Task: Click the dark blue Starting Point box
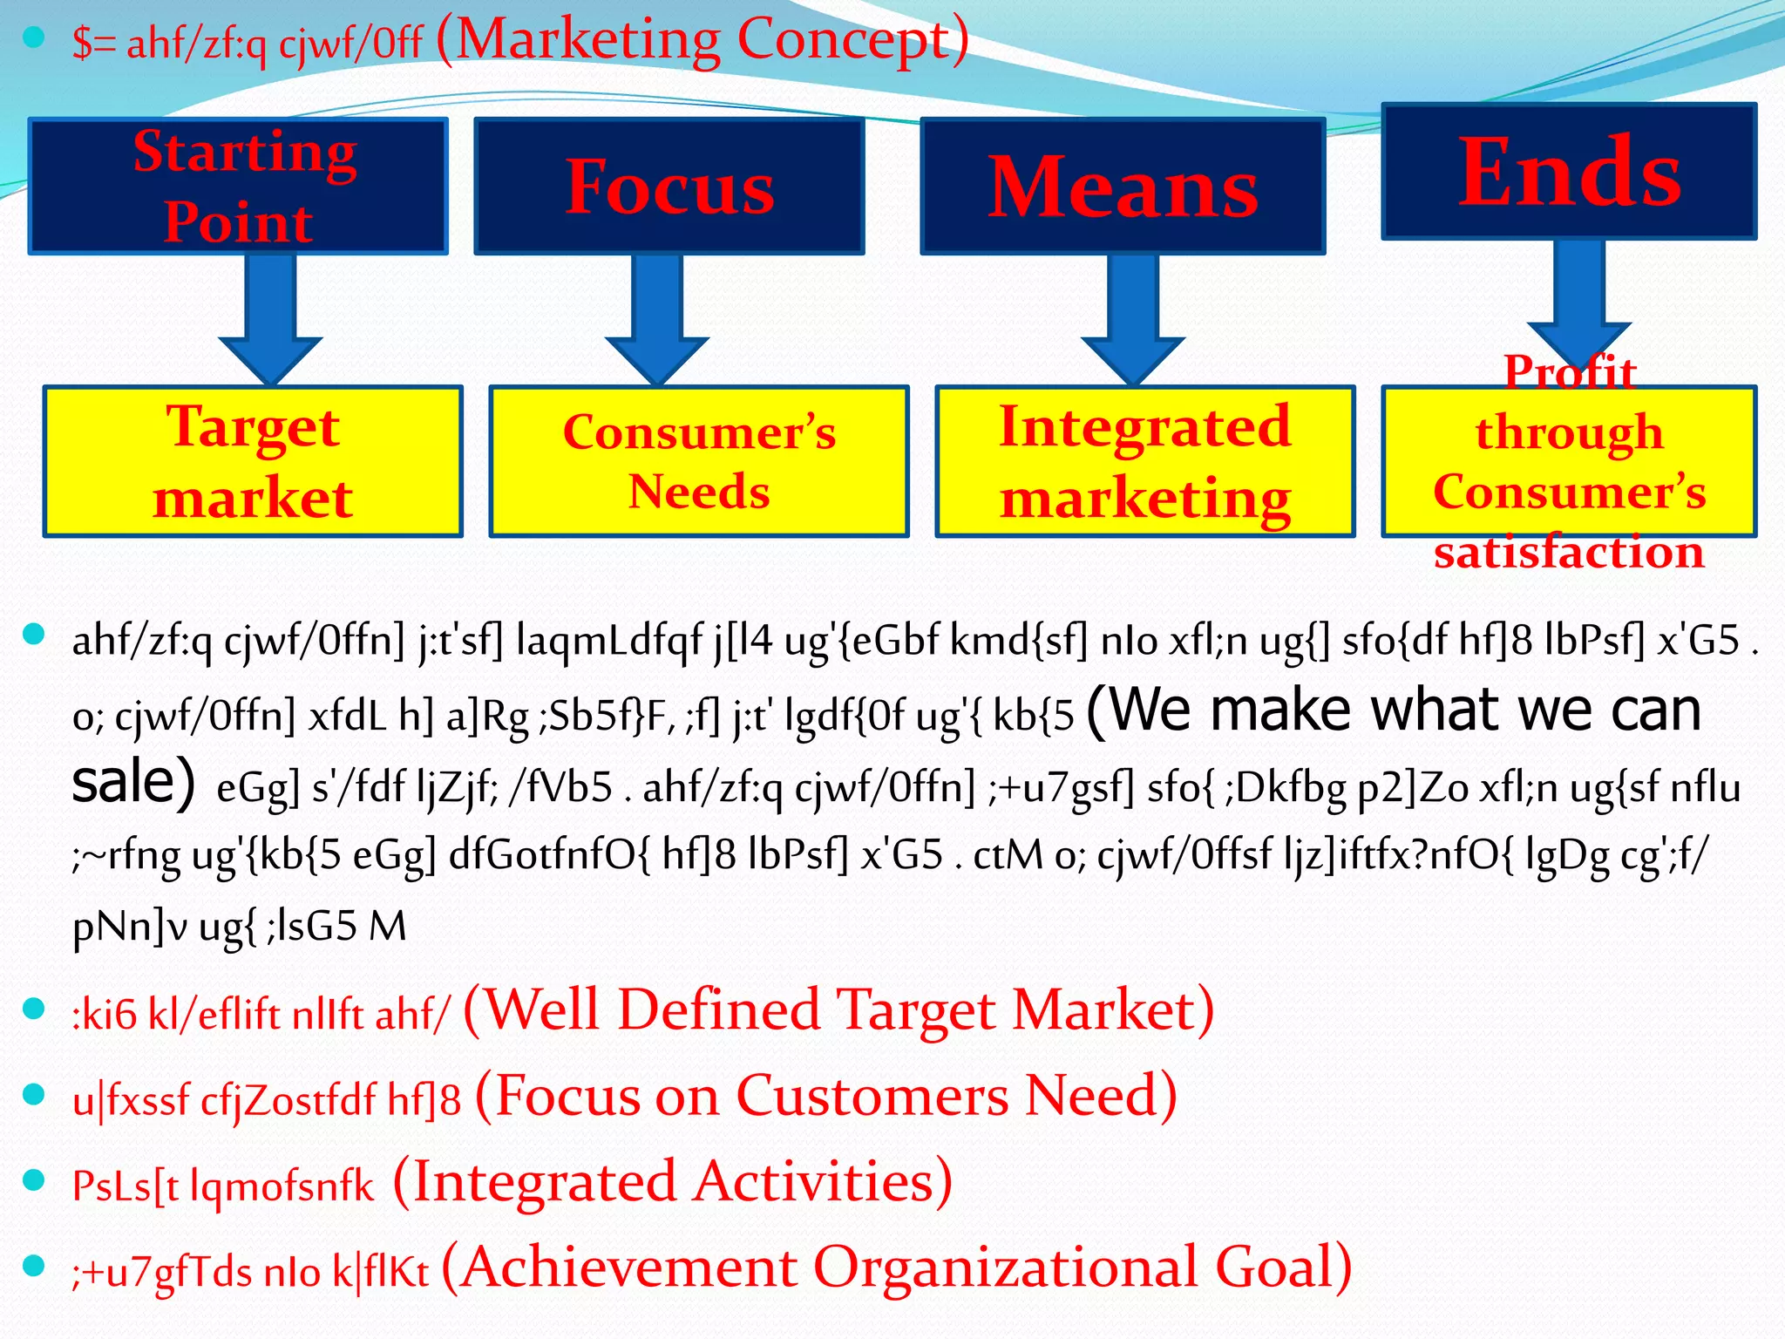click(x=238, y=187)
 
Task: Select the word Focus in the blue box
click(x=669, y=187)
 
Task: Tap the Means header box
click(x=1123, y=187)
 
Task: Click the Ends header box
click(x=1569, y=172)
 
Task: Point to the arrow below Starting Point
click(x=270, y=318)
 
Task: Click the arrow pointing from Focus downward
click(x=656, y=318)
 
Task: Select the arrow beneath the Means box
click(x=1132, y=318)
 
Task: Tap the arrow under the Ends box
click(x=1578, y=296)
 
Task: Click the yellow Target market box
click(x=253, y=461)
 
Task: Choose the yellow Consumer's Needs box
click(x=699, y=461)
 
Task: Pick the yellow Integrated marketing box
click(x=1144, y=461)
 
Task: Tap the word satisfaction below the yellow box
click(x=1569, y=552)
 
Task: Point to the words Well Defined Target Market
click(x=838, y=1009)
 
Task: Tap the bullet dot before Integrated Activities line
click(x=34, y=1180)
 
